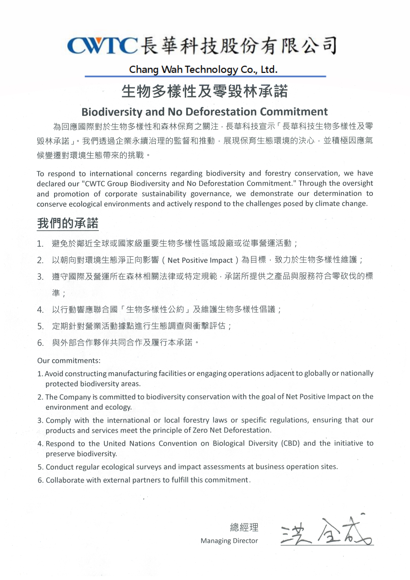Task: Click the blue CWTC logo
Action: click(102, 46)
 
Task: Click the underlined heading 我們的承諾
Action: click(68, 223)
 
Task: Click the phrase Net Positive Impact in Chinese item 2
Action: click(200, 260)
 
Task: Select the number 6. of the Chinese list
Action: click(40, 343)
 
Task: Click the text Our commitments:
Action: click(69, 360)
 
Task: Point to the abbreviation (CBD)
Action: click(290, 443)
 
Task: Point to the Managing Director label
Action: click(229, 541)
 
